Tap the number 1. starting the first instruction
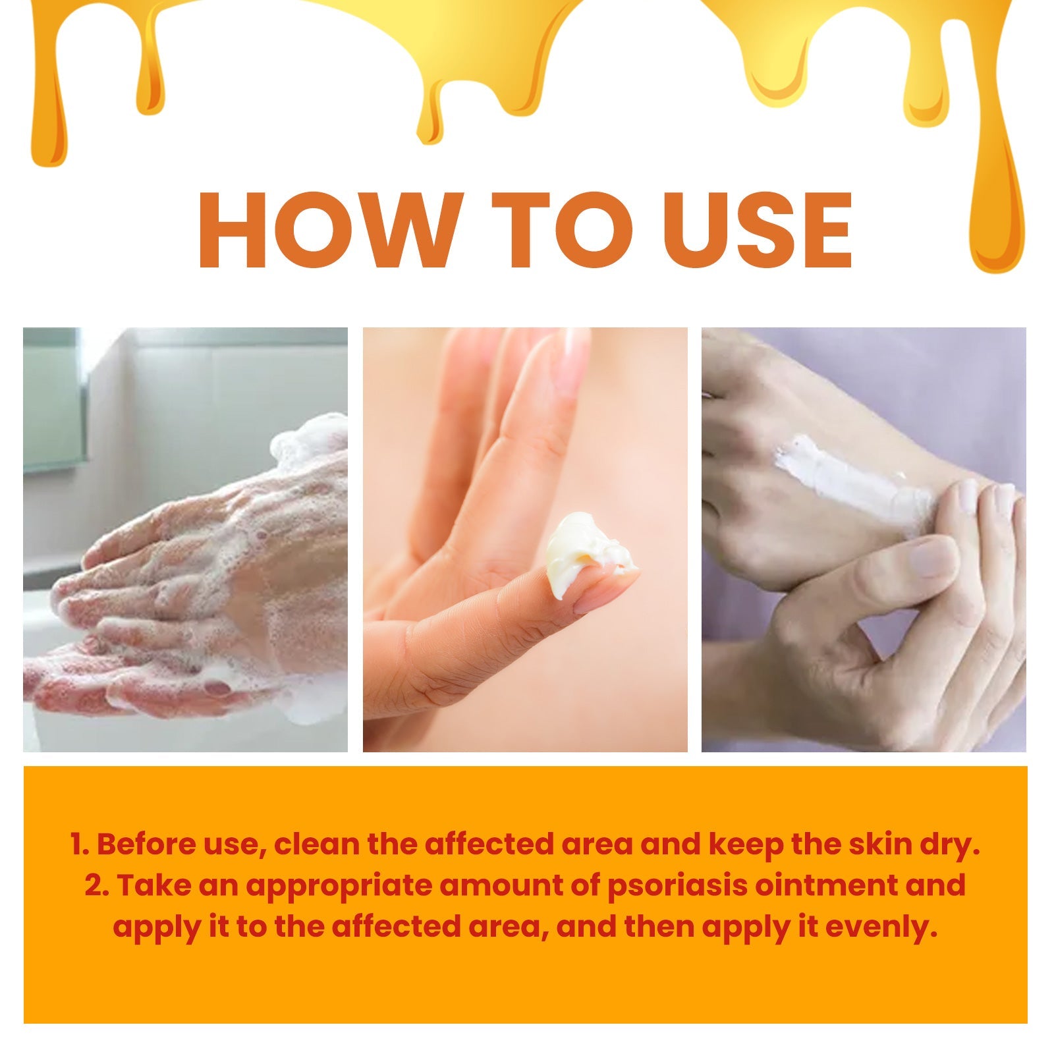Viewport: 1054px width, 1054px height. pyautogui.click(x=80, y=845)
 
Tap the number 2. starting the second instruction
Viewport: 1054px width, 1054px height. pyautogui.click(x=97, y=886)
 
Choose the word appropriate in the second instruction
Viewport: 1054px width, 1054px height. pyautogui.click(x=339, y=886)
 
